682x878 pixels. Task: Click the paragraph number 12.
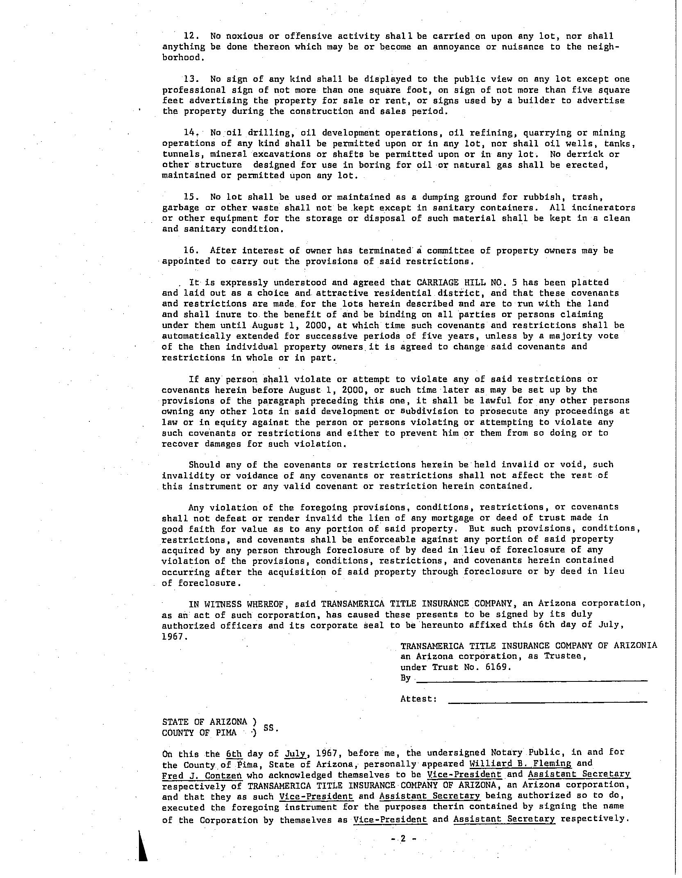(x=191, y=36)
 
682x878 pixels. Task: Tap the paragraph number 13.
(x=191, y=79)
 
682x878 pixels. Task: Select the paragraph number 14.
(x=191, y=133)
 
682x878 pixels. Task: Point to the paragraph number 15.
(x=191, y=197)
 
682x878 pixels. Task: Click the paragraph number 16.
(x=191, y=251)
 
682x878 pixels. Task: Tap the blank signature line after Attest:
(x=548, y=702)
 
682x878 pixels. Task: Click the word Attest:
(x=418, y=699)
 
